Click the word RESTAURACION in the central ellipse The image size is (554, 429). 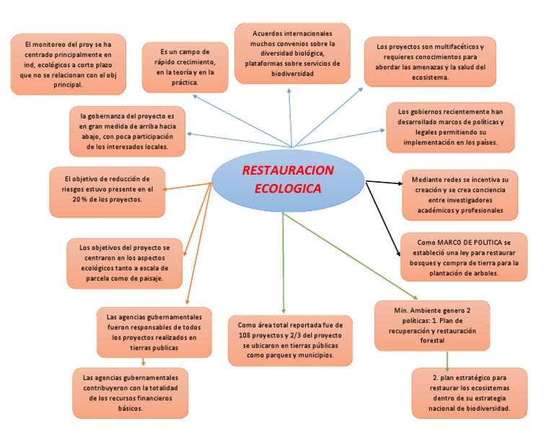288,171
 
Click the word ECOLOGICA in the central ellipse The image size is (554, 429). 288,189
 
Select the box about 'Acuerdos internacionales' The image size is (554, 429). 292,53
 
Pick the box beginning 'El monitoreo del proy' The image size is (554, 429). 67,64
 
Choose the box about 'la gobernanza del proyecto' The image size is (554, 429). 127,131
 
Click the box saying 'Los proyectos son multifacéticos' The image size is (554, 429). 430,61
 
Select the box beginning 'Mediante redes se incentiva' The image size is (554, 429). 460,194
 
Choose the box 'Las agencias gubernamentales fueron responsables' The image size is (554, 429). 154,332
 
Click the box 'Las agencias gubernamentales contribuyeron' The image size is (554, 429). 130,393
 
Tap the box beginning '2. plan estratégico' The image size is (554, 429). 470,393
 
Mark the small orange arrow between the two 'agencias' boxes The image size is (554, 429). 143,363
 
